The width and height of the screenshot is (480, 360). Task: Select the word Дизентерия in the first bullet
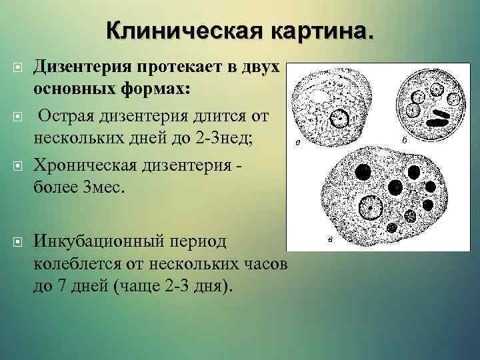(x=85, y=67)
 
